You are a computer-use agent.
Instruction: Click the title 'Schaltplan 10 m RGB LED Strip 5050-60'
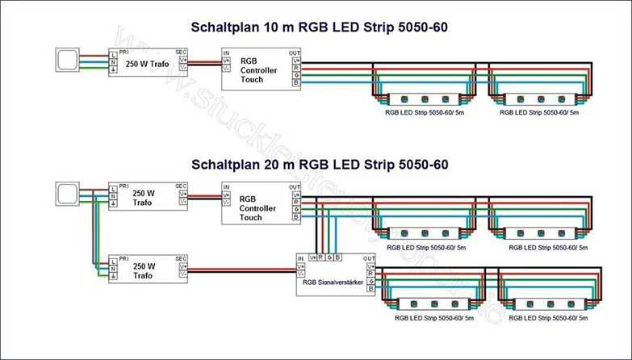coord(319,27)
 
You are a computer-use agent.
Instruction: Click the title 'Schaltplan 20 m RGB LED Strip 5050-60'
coord(319,165)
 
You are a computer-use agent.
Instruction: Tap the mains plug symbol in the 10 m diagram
coord(66,61)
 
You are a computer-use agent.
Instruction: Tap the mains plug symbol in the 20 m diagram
coord(66,195)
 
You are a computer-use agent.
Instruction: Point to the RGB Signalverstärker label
coord(333,283)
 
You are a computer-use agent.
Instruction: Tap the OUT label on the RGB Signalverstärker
coord(369,258)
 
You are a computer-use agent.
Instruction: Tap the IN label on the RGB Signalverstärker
coord(301,258)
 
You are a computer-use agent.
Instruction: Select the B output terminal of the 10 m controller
coord(295,83)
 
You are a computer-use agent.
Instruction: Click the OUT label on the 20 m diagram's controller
coord(294,187)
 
